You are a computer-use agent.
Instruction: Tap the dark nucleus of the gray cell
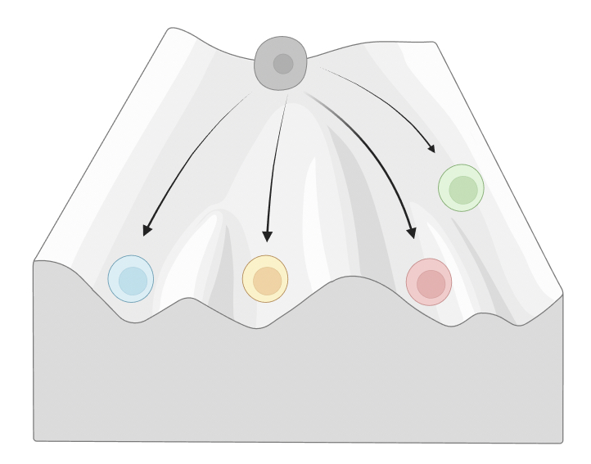[x=283, y=64]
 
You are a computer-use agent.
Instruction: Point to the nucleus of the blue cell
[x=133, y=281]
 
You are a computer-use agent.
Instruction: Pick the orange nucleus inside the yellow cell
[x=267, y=281]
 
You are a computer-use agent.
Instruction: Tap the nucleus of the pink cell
[x=431, y=284]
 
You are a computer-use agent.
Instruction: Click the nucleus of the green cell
[x=462, y=190]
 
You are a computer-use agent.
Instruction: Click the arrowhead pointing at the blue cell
[x=147, y=230]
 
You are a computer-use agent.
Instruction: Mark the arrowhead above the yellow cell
[x=267, y=237]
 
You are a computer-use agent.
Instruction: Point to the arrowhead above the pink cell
[x=412, y=233]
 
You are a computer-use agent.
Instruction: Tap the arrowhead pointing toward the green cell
[x=431, y=149]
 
